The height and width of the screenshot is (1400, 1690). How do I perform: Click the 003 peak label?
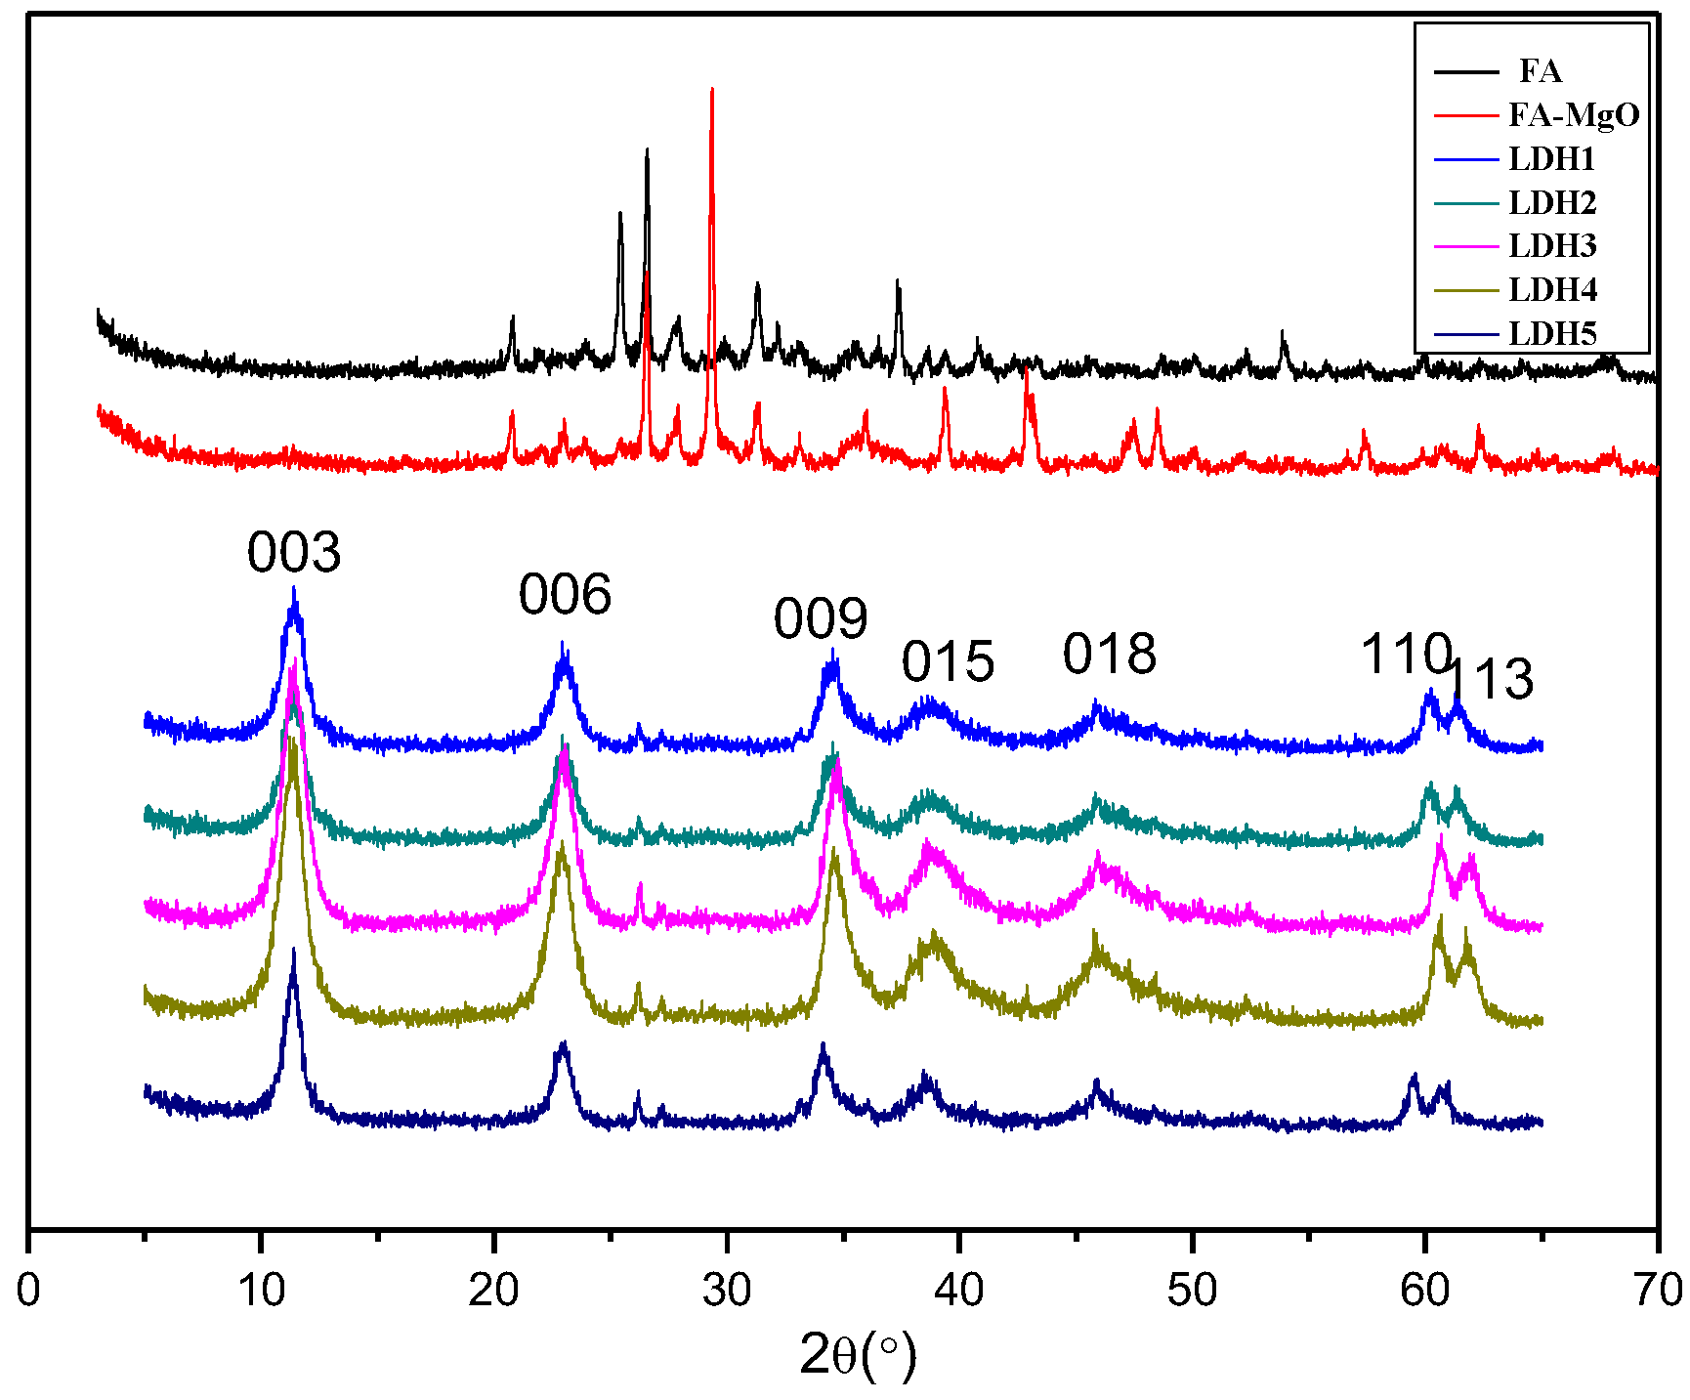294,553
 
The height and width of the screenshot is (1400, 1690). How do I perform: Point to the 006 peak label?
565,595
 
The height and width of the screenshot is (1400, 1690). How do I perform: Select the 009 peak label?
821,619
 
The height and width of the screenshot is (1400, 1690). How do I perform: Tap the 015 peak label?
948,662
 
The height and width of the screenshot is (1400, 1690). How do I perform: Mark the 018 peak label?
1110,655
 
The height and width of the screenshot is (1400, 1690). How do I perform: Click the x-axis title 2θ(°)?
858,1355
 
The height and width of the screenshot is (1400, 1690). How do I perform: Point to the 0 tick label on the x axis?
29,1291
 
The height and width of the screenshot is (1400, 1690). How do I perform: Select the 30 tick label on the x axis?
727,1291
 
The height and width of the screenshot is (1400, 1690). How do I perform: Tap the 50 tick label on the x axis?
1192,1291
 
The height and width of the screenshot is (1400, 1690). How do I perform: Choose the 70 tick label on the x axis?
1657,1291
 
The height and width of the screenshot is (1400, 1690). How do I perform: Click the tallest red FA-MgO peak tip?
712,90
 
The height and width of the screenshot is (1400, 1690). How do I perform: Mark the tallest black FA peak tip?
647,150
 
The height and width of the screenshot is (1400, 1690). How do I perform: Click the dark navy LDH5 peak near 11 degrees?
293,950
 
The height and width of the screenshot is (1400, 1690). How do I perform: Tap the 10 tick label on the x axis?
261,1291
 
